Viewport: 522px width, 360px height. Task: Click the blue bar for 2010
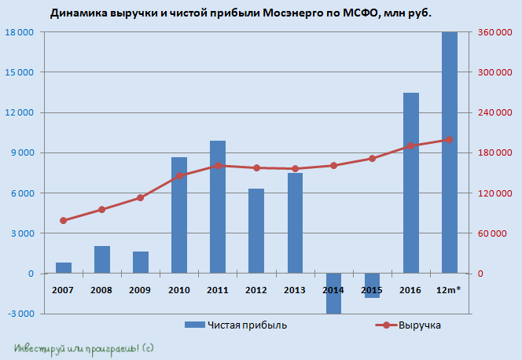click(179, 215)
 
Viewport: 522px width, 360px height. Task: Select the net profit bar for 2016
click(411, 183)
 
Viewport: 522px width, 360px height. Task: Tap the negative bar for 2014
click(334, 293)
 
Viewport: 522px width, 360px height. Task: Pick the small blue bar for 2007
click(64, 268)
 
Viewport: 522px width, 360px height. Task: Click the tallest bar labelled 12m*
click(450, 152)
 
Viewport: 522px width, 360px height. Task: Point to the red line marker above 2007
click(63, 220)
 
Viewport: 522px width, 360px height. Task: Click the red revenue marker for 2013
click(295, 168)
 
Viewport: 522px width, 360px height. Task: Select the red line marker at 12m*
click(449, 140)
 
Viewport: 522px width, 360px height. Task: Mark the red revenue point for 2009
click(140, 197)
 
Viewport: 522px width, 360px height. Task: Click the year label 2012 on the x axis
click(256, 291)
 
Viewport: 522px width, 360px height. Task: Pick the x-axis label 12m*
click(449, 291)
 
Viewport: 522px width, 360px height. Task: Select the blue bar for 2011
click(218, 207)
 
